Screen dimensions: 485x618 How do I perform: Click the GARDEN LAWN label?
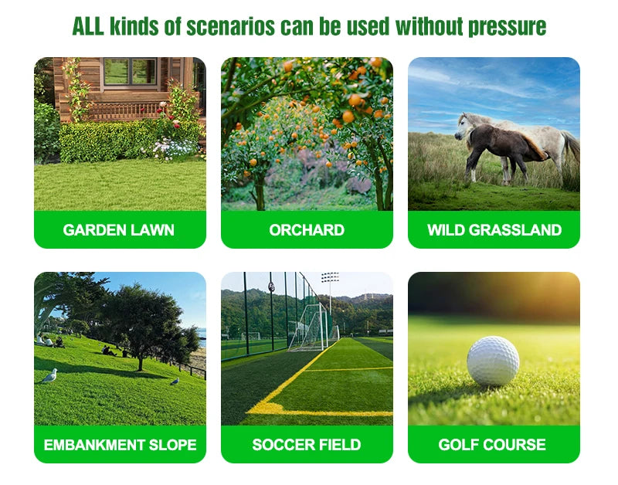(119, 230)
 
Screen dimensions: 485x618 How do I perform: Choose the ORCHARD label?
(307, 230)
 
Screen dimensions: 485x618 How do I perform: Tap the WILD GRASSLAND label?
(494, 230)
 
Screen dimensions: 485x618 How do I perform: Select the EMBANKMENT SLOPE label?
(120, 445)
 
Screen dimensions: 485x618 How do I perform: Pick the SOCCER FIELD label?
(307, 445)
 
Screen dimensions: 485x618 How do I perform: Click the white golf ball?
(493, 361)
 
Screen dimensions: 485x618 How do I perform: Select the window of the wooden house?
(129, 72)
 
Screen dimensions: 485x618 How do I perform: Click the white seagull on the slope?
(50, 375)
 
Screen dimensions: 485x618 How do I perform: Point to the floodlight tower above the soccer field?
(330, 280)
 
